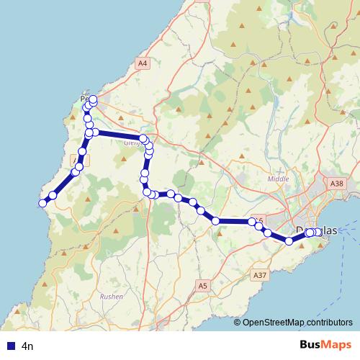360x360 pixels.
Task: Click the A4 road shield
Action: [143, 64]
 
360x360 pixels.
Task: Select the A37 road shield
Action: [260, 275]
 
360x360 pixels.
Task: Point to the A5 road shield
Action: [203, 286]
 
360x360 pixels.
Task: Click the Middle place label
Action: [277, 179]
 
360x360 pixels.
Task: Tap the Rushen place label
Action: [112, 296]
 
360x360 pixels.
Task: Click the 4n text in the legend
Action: [28, 346]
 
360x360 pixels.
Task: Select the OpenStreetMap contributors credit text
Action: [297, 323]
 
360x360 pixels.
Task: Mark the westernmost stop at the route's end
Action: [42, 203]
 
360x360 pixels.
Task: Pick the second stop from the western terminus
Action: [53, 195]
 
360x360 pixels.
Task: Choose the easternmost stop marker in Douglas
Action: [318, 232]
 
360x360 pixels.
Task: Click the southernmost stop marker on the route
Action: [289, 241]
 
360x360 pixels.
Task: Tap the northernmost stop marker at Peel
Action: [93, 99]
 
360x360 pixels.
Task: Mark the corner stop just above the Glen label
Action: [143, 138]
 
